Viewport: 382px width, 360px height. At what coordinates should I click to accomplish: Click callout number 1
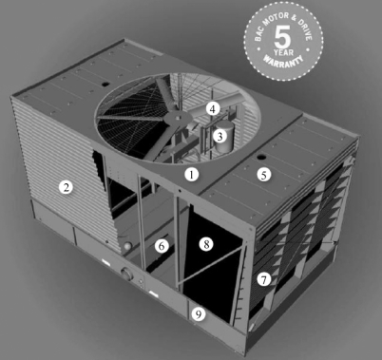pyautogui.click(x=191, y=174)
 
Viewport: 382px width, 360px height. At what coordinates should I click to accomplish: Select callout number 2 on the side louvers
pyautogui.click(x=66, y=187)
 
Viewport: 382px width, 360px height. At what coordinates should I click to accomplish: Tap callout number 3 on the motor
pyautogui.click(x=220, y=137)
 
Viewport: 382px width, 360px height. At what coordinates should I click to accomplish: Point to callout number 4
pyautogui.click(x=213, y=109)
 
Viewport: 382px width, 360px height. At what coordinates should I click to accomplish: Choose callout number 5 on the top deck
pyautogui.click(x=264, y=175)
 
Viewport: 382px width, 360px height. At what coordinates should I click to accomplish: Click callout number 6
pyautogui.click(x=162, y=246)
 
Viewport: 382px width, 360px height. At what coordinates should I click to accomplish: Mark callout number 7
pyautogui.click(x=263, y=279)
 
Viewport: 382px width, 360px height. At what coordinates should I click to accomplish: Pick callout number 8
pyautogui.click(x=206, y=244)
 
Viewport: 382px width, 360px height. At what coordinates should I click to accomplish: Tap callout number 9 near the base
pyautogui.click(x=199, y=314)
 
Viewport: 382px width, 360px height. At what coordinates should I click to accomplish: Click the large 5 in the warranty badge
pyautogui.click(x=282, y=37)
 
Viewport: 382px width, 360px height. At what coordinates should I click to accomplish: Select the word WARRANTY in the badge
pyautogui.click(x=283, y=61)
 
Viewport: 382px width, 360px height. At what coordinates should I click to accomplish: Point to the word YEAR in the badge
pyautogui.click(x=283, y=52)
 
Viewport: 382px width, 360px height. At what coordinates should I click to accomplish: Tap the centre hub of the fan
pyautogui.click(x=177, y=119)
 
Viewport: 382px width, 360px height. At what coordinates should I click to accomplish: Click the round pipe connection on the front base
pyautogui.click(x=126, y=274)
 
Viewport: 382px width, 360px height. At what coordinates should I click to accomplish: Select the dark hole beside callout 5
pyautogui.click(x=261, y=157)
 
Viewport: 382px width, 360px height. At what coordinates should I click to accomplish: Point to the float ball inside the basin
pyautogui.click(x=127, y=247)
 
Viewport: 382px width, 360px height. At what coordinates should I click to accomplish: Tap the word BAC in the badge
pyautogui.click(x=258, y=33)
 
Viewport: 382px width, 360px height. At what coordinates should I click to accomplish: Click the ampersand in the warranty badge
pyautogui.click(x=294, y=20)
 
